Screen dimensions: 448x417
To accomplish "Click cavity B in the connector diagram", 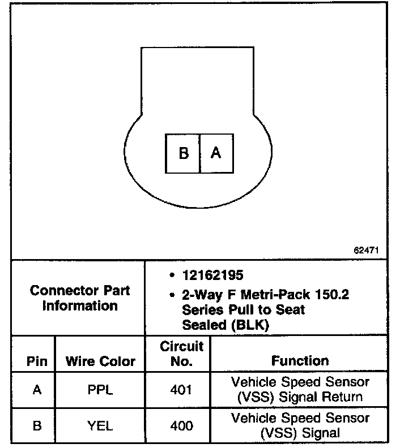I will tap(183, 153).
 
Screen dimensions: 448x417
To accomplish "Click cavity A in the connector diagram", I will tap(216, 153).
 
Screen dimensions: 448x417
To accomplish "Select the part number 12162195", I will tap(212, 275).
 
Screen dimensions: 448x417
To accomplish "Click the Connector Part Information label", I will tap(79, 298).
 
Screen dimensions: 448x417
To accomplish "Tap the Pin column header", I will tap(37, 361).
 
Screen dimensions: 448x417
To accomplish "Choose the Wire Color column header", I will tap(100, 361).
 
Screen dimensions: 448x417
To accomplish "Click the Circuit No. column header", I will tap(181, 354).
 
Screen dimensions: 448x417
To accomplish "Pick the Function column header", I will tap(300, 360).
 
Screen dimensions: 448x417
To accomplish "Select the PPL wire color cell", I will tap(100, 390).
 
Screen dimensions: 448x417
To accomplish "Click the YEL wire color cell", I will tap(100, 426).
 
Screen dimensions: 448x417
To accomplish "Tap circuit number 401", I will tap(181, 390).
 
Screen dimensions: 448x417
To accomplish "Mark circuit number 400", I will tap(181, 426).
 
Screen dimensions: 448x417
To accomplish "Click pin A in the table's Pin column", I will tap(37, 390).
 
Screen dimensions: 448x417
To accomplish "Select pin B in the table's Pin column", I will tap(37, 426).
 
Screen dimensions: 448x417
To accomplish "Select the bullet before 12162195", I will tap(171, 276).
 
